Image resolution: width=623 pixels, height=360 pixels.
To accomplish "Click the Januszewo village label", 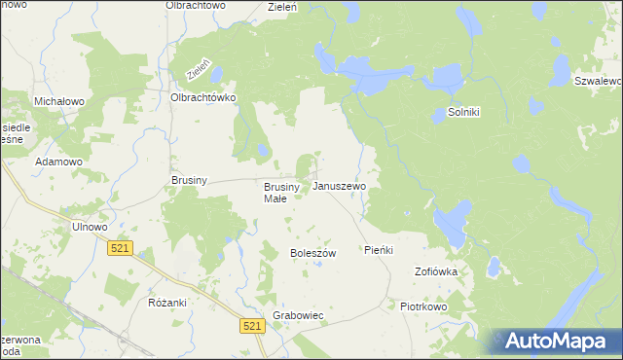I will pos(339,185).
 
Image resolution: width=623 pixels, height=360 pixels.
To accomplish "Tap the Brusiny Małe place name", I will pos(275,193).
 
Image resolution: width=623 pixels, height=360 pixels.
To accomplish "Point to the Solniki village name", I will pos(464,112).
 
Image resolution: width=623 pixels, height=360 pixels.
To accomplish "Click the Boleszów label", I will pos(312,253).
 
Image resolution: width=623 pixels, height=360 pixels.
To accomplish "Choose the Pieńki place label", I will pos(378,250).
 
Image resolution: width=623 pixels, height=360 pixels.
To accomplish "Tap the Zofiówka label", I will pos(436,271).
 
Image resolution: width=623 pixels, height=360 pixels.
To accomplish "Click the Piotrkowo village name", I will pos(422,306).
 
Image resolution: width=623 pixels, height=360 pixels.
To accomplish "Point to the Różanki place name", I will pos(167,303).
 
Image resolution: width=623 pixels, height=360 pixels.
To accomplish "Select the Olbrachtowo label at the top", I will pos(196,6).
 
